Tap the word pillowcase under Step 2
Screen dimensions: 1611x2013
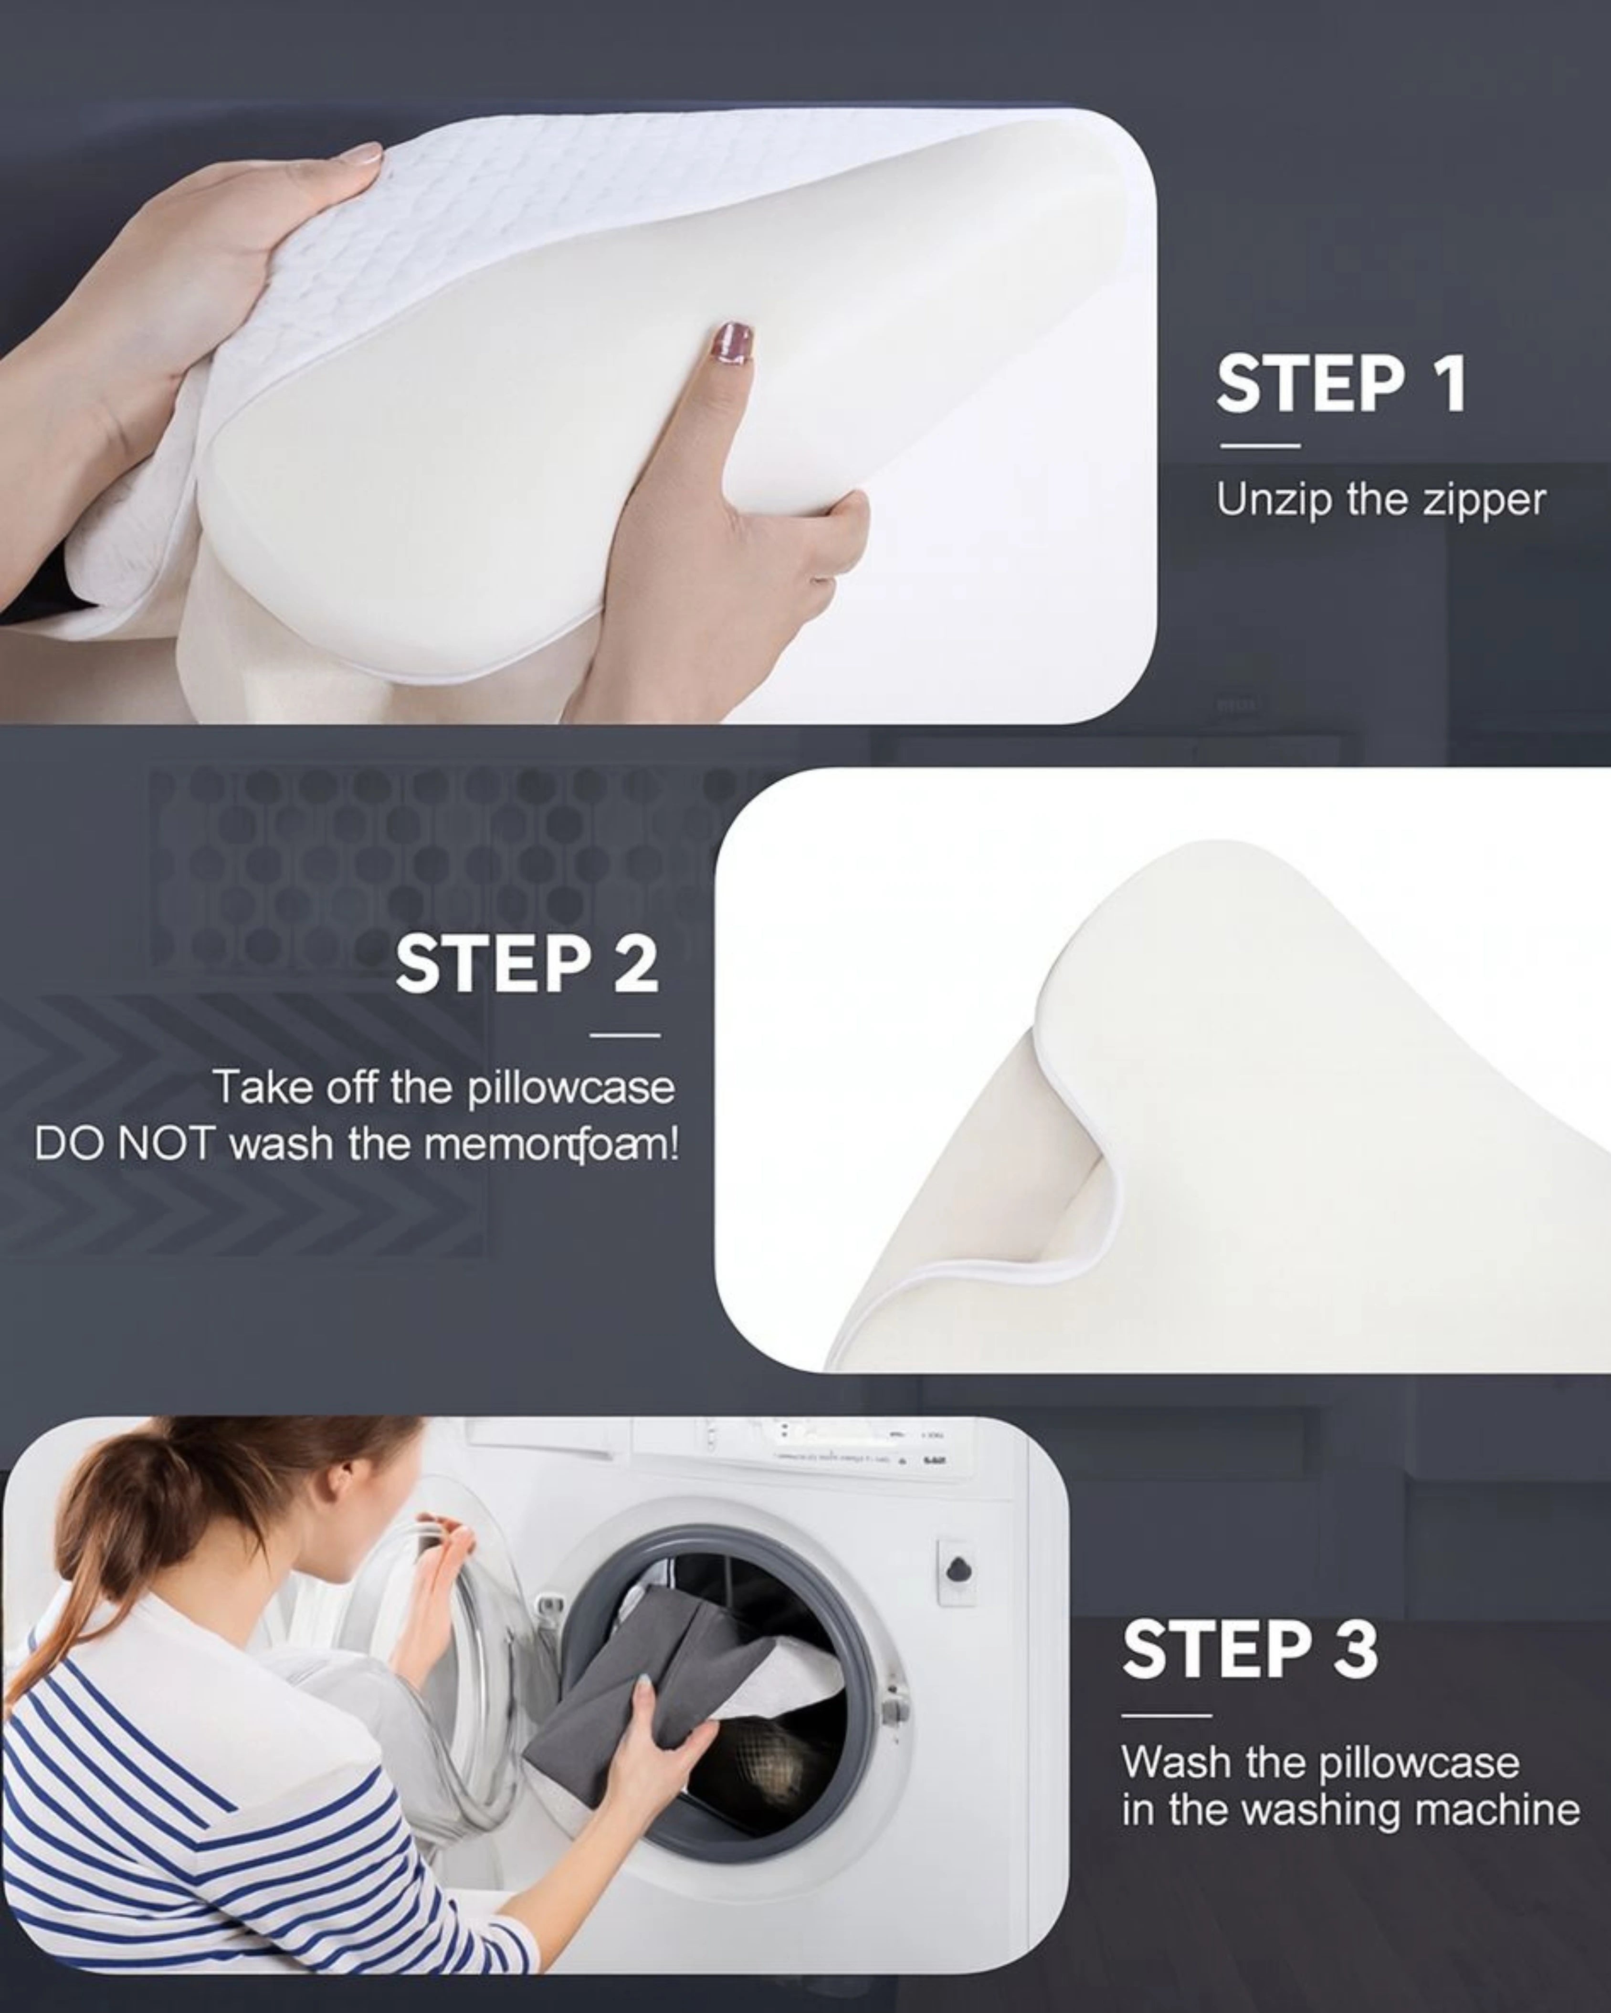tap(570, 1089)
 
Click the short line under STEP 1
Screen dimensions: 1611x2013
tap(1260, 445)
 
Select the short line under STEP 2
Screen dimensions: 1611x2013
tap(625, 1034)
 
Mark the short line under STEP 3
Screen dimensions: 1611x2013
tap(1166, 1715)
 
